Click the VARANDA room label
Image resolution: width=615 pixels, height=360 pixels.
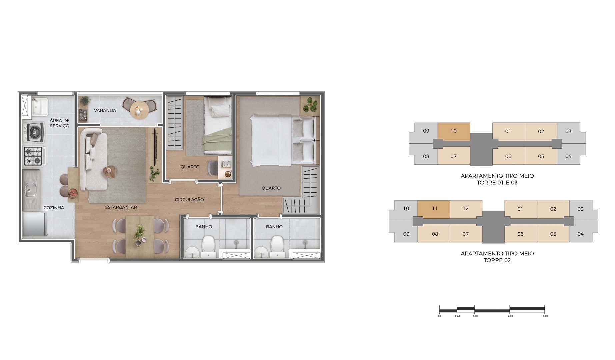105,110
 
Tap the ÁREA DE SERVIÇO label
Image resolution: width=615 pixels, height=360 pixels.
60,123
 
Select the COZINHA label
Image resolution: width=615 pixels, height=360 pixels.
54,208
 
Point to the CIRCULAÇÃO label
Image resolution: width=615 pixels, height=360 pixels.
189,200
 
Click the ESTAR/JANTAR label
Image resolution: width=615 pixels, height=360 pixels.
121,207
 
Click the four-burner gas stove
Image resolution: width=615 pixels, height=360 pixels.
34,156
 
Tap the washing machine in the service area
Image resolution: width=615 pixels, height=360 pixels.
34,132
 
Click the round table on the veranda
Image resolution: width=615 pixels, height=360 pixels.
139,110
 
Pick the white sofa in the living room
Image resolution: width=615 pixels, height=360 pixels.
92,159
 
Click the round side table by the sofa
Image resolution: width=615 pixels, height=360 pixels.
110,172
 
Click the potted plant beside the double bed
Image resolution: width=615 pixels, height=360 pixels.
310,105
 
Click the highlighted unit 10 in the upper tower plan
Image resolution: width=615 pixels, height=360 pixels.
454,131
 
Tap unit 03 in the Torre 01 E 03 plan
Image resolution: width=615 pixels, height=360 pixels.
568,132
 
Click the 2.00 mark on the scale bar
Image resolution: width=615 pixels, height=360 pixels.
510,316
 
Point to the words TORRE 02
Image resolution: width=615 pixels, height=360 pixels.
497,260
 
